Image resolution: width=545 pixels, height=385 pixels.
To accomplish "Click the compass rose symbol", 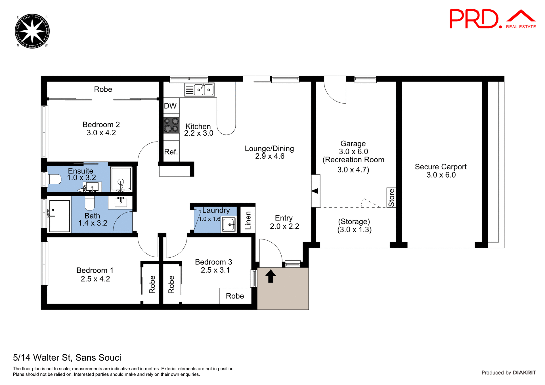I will (x=32, y=31).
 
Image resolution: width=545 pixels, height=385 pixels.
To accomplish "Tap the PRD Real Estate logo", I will (x=492, y=19).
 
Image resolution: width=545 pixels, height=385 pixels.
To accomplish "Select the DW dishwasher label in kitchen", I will (x=170, y=106).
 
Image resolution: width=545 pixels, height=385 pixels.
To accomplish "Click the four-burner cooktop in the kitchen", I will (x=171, y=125).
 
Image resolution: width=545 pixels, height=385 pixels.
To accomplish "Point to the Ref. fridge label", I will (x=171, y=152).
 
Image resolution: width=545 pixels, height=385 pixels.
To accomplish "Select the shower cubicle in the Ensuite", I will (x=121, y=179).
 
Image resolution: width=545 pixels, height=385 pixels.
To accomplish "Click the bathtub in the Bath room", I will (x=59, y=216).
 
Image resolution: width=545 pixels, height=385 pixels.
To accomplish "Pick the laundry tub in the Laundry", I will (x=229, y=225).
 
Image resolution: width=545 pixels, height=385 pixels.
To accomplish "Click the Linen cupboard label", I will (x=248, y=220).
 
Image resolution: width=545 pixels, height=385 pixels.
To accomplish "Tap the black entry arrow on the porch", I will (x=271, y=276).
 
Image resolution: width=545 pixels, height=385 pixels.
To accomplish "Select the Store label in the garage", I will (x=391, y=197).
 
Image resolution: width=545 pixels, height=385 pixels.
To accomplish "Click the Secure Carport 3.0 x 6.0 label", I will (x=441, y=171).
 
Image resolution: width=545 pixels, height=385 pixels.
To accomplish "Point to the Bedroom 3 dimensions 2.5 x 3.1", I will (x=215, y=270).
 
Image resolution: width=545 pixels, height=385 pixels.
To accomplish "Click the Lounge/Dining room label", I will (x=269, y=148).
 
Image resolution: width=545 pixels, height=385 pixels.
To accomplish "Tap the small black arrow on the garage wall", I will (x=315, y=191).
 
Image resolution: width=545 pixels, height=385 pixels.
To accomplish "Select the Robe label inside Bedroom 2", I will (x=103, y=89).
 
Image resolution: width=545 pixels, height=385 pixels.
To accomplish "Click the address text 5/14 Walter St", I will (x=67, y=357).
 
